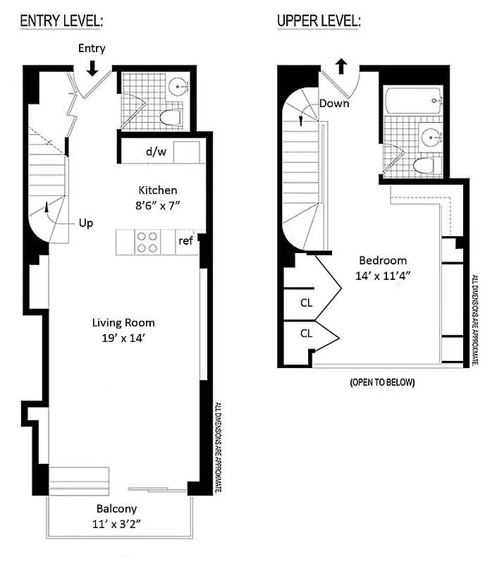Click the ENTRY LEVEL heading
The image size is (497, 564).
pos(61,21)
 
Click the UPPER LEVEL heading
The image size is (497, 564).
pos(319,21)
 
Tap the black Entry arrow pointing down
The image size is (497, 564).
pos(92,68)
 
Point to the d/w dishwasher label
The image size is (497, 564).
pos(155,152)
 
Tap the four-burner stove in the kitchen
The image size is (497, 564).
pos(147,243)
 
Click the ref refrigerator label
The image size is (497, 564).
pos(185,240)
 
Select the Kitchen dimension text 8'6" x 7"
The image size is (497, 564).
pos(158,206)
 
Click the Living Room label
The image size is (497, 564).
pos(123,323)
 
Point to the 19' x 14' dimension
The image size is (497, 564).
pos(123,338)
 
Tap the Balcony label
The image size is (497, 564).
pos(117,508)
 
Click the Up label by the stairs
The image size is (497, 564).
pos(85,222)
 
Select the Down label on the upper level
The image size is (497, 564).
pos(334,103)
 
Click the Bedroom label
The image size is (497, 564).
pos(382,259)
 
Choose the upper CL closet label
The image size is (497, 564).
pos(306,303)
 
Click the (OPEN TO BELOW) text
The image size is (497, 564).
pos(382,383)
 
